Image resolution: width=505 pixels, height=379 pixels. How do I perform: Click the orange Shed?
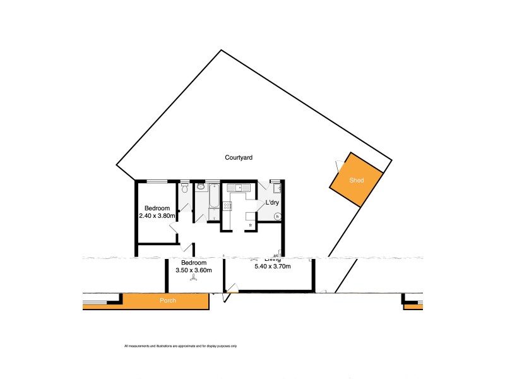tap(357, 180)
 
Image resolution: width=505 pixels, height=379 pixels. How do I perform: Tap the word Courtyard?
tap(239, 157)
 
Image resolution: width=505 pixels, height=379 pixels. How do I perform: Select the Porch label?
tap(167, 301)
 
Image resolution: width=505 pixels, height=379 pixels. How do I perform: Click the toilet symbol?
tap(184, 188)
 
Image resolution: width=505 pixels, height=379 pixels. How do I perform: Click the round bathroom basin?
tap(201, 187)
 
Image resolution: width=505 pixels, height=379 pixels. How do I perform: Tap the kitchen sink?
tap(239, 188)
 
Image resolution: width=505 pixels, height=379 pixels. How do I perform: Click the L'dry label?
tap(272, 202)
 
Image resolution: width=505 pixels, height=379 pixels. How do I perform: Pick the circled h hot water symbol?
tap(277, 215)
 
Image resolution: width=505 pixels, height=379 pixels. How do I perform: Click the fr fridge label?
tap(250, 224)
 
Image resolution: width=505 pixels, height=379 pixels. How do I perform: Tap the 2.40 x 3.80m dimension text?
tap(157, 215)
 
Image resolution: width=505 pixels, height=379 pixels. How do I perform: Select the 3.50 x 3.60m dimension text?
tap(193, 270)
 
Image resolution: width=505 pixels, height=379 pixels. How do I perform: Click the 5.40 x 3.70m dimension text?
tap(273, 267)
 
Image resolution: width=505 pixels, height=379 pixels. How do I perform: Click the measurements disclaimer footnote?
tap(181, 346)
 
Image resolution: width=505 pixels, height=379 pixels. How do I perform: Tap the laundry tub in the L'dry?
tap(277, 188)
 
